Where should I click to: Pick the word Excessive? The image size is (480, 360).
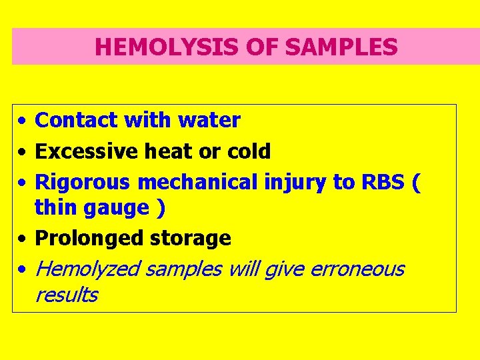point(86,151)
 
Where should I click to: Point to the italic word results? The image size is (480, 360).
point(66,295)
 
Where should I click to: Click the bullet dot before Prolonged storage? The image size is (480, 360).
point(23,239)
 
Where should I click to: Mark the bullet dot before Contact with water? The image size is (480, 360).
point(23,121)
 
